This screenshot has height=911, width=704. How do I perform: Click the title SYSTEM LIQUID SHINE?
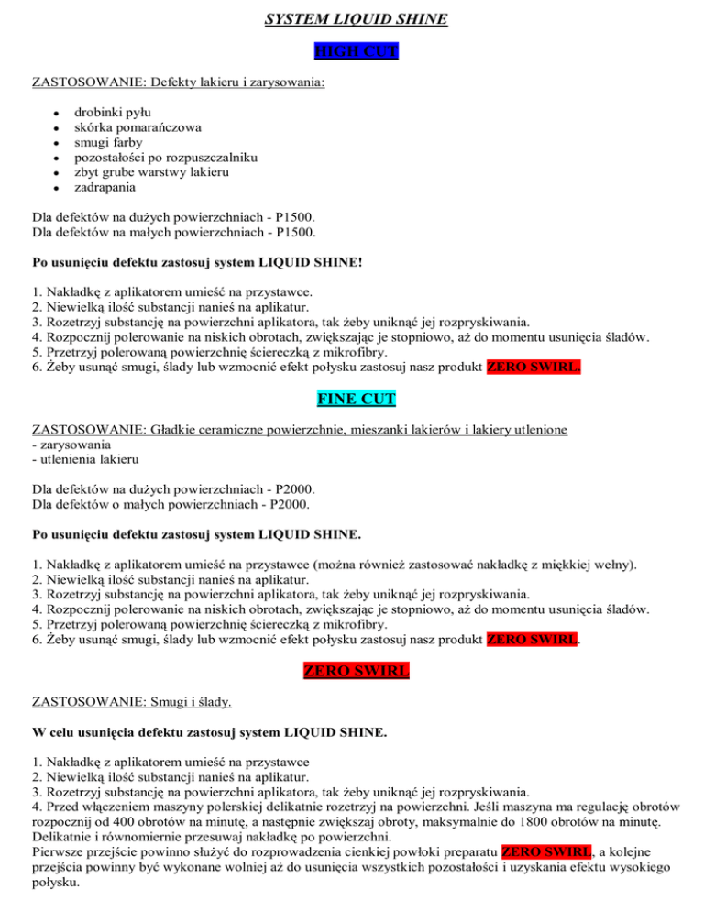tap(351, 17)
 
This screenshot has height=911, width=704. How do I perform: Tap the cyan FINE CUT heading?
tap(351, 400)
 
